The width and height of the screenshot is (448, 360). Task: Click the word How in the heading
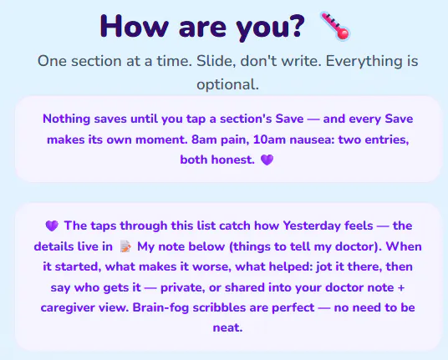(134, 26)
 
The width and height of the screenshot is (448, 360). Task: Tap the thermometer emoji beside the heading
(335, 26)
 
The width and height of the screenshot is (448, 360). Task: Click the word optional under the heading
(227, 84)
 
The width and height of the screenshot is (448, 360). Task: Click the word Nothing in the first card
(66, 119)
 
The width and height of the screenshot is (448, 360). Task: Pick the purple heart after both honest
(267, 160)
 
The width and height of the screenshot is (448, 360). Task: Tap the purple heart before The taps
(52, 226)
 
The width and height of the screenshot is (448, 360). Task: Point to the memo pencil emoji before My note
(125, 246)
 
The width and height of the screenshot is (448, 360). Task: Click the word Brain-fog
(160, 307)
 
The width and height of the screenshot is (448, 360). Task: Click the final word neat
(227, 327)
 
